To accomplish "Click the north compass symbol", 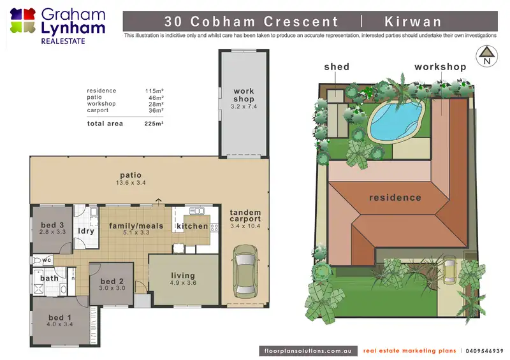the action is pos(486,56).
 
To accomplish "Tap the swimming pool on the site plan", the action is pos(397,120).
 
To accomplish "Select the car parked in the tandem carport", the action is pos(245,271).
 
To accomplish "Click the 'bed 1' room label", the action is pos(60,317).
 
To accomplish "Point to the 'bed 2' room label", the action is pos(112,281).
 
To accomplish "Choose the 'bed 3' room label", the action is pos(52,225).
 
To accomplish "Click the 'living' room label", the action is pos(183,276).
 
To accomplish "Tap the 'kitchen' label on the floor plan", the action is pos(193,226).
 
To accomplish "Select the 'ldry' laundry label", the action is pos(86,231).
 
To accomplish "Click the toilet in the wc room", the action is pos(36,260).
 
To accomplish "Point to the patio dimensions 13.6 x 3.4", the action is pos(131,183).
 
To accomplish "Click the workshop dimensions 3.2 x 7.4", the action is pos(244,106).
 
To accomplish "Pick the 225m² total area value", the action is pos(154,124).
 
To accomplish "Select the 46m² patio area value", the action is pos(156,97).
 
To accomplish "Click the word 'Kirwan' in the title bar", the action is pos(412,22).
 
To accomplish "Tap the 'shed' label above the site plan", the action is pos(337,67).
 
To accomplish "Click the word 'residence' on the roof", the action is pos(395,198).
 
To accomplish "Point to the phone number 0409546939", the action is pos(484,351).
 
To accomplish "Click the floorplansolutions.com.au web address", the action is pos(308,351).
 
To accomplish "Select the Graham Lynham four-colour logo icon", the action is pos(23,21).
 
